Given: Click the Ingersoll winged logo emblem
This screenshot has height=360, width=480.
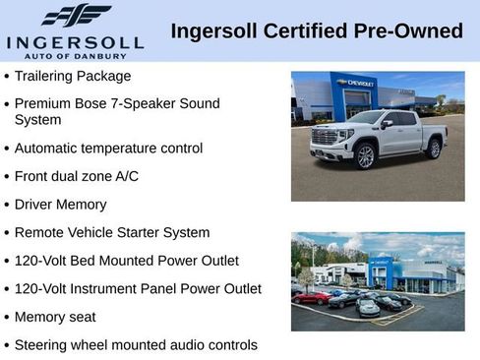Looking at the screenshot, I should (x=77, y=15).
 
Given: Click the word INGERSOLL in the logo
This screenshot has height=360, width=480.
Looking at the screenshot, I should (x=75, y=42).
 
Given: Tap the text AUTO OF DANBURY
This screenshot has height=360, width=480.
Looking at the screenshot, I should (x=75, y=56).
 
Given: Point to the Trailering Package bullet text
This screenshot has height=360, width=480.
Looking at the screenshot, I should (x=73, y=76).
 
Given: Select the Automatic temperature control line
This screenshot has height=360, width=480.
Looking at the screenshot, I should (x=108, y=149).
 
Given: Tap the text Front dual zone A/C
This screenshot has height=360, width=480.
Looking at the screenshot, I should (x=77, y=177).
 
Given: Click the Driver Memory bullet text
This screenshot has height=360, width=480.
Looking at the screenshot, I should (x=60, y=205).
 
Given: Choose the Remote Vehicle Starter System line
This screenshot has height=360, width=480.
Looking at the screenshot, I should (x=112, y=233).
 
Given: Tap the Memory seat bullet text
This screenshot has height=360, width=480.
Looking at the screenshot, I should (x=55, y=318).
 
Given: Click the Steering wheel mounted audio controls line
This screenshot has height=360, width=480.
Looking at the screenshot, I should (x=136, y=345).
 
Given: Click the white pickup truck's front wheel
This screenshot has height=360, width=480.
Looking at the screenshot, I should (x=365, y=154).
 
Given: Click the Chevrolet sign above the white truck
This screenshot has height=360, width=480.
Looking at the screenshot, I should (x=355, y=84).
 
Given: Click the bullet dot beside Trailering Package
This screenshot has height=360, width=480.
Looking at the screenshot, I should (x=8, y=77).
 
